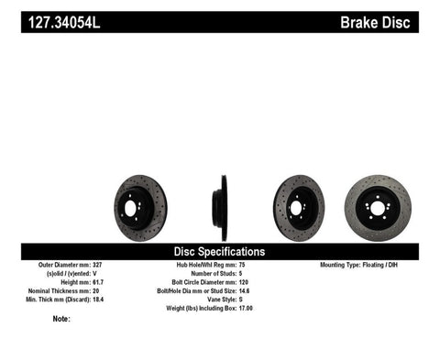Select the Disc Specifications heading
pyautogui.click(x=219, y=251)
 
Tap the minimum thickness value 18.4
pyautogui.click(x=122, y=299)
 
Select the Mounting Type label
pyautogui.click(x=346, y=265)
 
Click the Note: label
pyautogui.click(x=61, y=319)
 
